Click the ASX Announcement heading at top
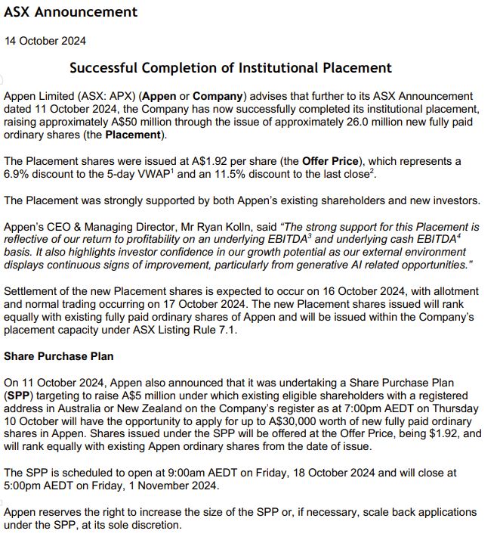(71, 12)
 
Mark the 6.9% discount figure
(19, 175)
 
